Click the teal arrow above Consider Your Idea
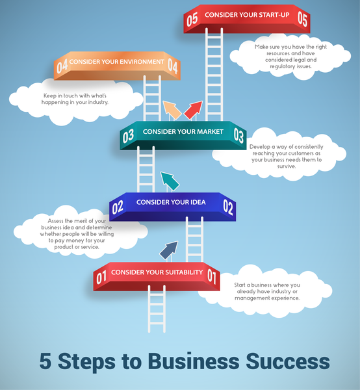coord(170,181)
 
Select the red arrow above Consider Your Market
coord(193,110)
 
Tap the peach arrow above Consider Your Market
coord(172,110)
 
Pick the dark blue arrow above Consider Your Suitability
coord(169,251)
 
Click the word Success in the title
coord(288,361)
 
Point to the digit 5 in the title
coord(45,361)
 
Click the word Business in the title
coord(194,361)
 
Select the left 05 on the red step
coord(192,19)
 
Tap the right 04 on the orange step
coord(173,66)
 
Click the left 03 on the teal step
coord(128,136)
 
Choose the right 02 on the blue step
coord(228,207)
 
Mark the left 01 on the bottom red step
coord(101,278)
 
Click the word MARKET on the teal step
coord(210,131)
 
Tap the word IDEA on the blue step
coord(198,202)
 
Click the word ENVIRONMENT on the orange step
coord(138,62)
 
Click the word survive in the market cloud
coord(287,166)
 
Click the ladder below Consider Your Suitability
coord(157,309)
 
